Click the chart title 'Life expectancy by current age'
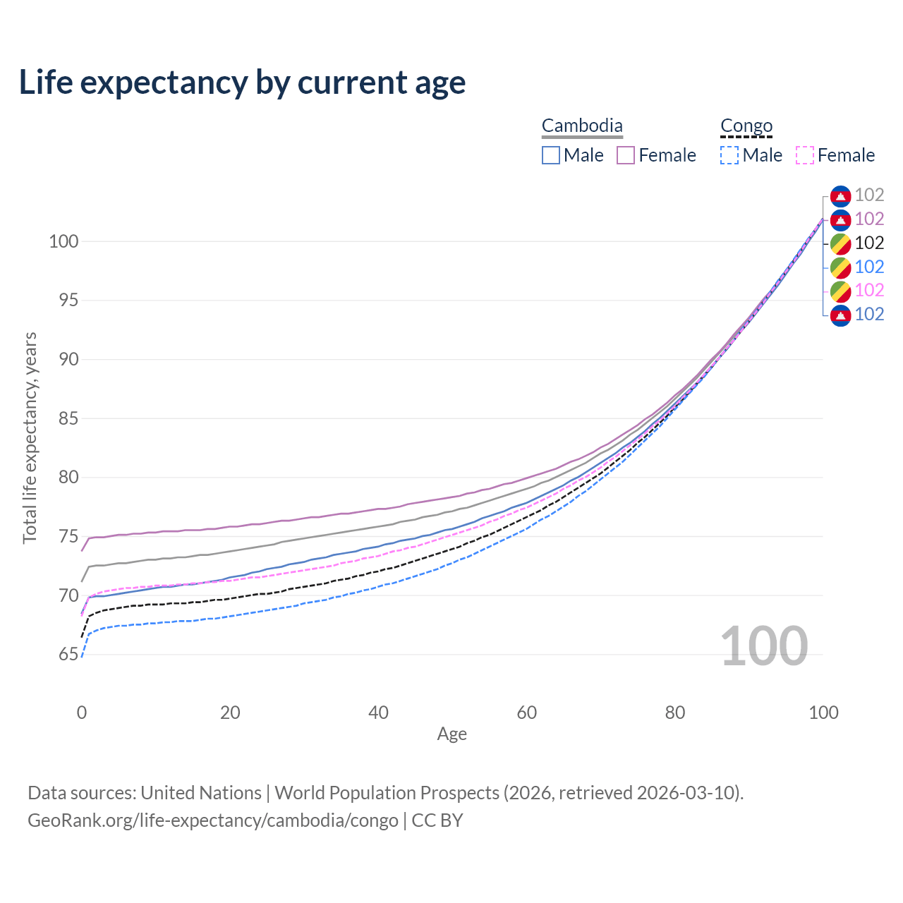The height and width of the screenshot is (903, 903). coord(242,83)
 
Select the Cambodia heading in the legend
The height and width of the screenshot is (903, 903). coord(582,126)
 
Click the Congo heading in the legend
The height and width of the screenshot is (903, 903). coord(746,126)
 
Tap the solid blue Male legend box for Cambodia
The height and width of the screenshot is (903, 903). coord(551,155)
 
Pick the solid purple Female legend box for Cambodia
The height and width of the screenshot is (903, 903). coord(626,155)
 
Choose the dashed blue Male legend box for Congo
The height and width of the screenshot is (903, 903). coord(729,155)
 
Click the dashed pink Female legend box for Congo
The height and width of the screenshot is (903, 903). coord(805,155)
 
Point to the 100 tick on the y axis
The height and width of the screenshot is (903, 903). coord(63,241)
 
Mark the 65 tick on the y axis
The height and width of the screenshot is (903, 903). coord(68,655)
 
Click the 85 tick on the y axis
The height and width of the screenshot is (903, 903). coord(68,418)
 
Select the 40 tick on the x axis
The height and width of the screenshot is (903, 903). coord(379,713)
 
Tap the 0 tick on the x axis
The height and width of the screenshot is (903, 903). coord(82,713)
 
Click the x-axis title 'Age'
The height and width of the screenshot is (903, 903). coord(451,734)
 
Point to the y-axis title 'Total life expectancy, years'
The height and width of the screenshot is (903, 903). coord(30,437)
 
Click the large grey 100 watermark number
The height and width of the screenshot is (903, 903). coord(763,646)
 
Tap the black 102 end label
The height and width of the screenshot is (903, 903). coord(869,243)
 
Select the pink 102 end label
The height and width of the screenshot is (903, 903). coord(869,290)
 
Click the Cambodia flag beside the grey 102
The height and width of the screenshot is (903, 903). coord(840,195)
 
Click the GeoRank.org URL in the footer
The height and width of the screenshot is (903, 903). coord(213,820)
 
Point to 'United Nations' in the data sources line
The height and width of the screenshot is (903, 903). coord(201,793)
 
